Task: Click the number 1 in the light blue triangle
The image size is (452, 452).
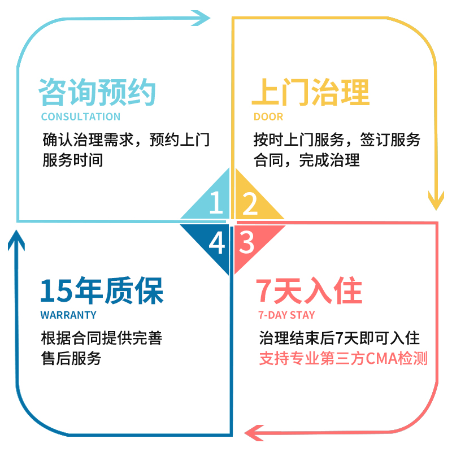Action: pos(215,203)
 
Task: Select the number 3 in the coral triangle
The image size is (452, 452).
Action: pos(247,242)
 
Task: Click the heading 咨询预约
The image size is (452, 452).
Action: pos(97,92)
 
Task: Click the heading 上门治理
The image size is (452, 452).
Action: pos(310,92)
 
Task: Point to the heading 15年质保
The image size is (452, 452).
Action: pos(102,291)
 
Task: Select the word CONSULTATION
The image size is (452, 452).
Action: pos(81,117)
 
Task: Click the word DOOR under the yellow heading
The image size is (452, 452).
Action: pos(268,117)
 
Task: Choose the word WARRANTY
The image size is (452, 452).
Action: pos(68,315)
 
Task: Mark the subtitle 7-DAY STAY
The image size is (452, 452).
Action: pos(286,315)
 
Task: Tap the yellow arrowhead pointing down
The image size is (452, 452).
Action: pos(436,198)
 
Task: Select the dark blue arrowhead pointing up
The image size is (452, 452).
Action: pos(17,240)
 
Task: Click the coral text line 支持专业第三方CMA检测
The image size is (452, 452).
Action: pos(343,358)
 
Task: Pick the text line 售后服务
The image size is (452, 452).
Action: pos(71,358)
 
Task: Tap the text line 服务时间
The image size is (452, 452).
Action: pos(73,160)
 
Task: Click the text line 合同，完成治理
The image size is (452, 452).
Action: pos(307,160)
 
